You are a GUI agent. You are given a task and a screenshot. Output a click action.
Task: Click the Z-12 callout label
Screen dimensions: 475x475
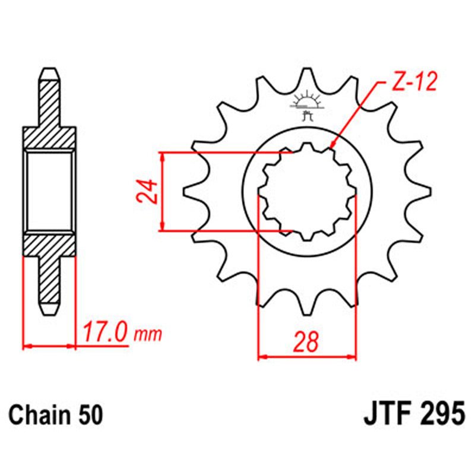414,82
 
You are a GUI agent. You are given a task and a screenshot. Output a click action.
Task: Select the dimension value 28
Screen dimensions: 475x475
306,342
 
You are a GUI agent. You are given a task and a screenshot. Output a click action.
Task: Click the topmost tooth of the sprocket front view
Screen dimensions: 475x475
307,74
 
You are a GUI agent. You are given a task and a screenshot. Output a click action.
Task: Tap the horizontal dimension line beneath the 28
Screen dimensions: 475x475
307,357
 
